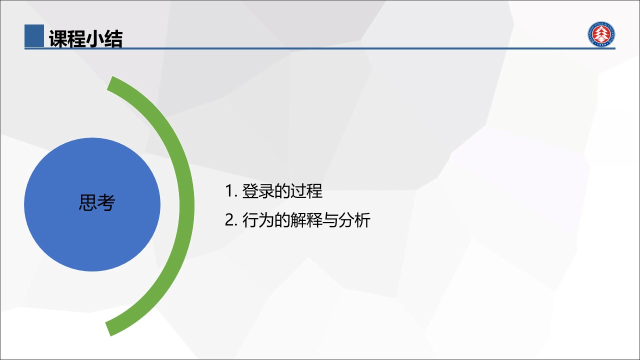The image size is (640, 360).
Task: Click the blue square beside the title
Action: click(x=34, y=35)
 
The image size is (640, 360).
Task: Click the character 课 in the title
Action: click(x=58, y=38)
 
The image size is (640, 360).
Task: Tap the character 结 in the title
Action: click(x=113, y=38)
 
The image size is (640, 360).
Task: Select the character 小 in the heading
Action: click(x=95, y=38)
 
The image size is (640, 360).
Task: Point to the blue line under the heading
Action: click(x=320, y=48)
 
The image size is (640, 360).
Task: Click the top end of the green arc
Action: click(x=110, y=83)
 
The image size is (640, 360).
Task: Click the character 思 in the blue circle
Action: click(x=87, y=202)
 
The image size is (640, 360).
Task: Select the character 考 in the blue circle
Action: click(x=106, y=202)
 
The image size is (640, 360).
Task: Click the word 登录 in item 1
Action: click(x=258, y=191)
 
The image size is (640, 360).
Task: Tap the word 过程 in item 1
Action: click(x=306, y=191)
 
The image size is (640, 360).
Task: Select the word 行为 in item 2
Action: click(x=258, y=220)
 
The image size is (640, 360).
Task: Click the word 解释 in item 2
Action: click(x=306, y=220)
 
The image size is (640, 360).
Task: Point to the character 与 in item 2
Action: click(x=330, y=220)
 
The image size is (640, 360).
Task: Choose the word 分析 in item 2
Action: click(x=354, y=220)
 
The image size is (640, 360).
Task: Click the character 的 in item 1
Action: click(x=282, y=191)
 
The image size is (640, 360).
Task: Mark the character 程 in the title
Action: click(x=77, y=38)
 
